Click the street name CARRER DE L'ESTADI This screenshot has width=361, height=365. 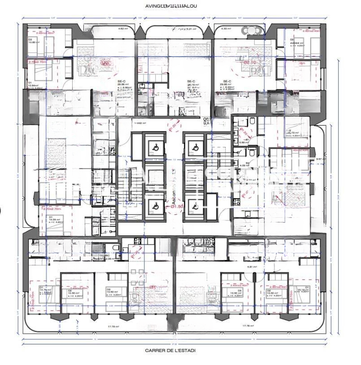click(x=170, y=350)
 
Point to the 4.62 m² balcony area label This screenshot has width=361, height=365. click(x=123, y=29)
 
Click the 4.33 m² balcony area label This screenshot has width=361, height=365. click(x=226, y=29)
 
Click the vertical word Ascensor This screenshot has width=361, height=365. click(x=174, y=188)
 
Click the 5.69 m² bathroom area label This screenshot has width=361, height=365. click(x=244, y=142)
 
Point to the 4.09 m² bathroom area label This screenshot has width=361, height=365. click(x=244, y=165)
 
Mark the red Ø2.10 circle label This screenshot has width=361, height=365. click(x=249, y=62)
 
